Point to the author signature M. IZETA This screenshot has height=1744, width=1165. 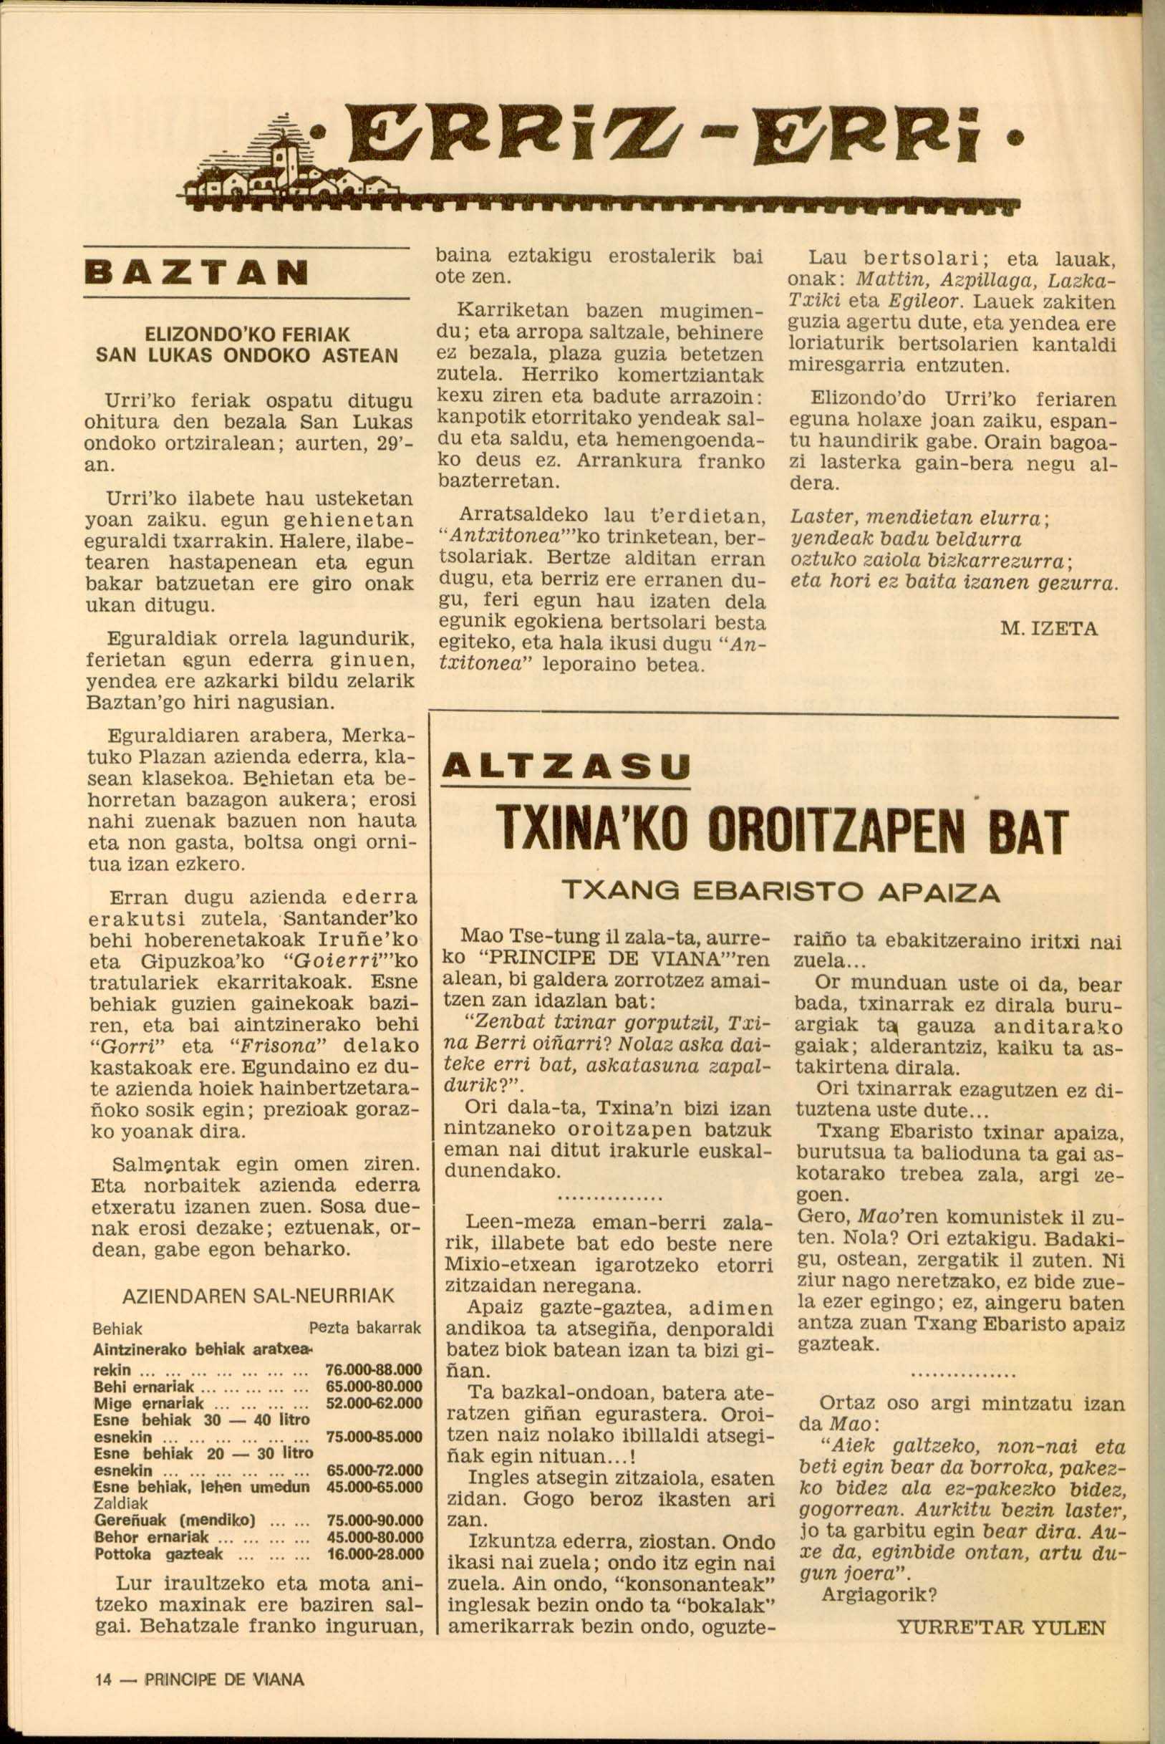click(x=1048, y=629)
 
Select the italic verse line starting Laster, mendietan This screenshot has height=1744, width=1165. click(x=919, y=517)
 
